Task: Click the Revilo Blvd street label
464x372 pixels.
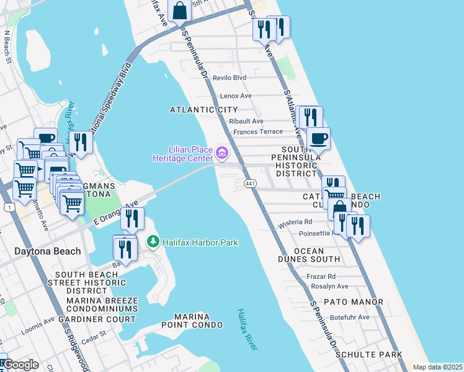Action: pyautogui.click(x=229, y=77)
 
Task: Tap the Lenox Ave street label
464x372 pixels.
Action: pyautogui.click(x=236, y=96)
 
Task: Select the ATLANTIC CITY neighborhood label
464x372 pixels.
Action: pyautogui.click(x=203, y=110)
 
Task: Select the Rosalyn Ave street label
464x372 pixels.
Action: pyautogui.click(x=328, y=286)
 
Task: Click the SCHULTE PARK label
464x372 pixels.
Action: pyautogui.click(x=368, y=355)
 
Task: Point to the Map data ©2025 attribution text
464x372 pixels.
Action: pyautogui.click(x=437, y=367)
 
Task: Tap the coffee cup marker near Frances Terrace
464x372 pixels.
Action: pyautogui.click(x=318, y=139)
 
